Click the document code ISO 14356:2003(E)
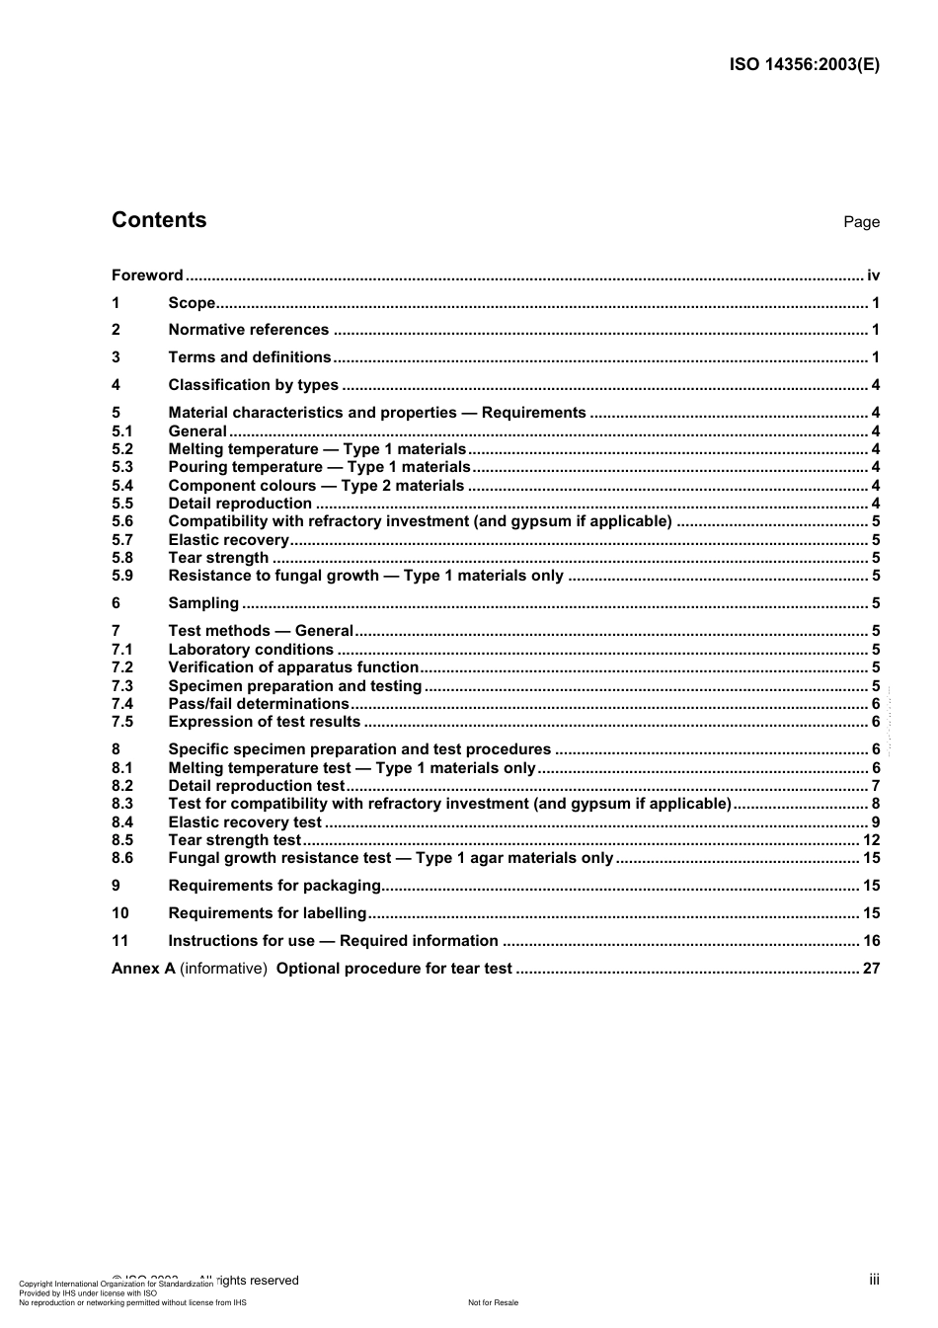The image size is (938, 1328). click(x=804, y=65)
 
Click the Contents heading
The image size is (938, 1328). click(x=159, y=220)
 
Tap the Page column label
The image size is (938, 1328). click(x=861, y=222)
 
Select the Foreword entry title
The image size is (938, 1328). click(x=147, y=275)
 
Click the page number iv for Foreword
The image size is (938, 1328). click(x=873, y=275)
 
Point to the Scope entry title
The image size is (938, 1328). click(x=192, y=303)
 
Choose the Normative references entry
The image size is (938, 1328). click(x=248, y=330)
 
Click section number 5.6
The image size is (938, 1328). click(x=122, y=521)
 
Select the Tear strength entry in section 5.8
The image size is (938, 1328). click(x=218, y=558)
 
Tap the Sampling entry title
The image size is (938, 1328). click(x=203, y=603)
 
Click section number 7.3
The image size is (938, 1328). click(x=122, y=686)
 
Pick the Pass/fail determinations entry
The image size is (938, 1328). click(x=259, y=704)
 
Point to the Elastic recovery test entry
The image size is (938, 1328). click(x=245, y=822)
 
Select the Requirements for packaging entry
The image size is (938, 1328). click(x=274, y=886)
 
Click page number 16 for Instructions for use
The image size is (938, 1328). click(x=871, y=941)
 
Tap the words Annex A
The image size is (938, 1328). click(x=143, y=969)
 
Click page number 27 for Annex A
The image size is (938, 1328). click(x=871, y=969)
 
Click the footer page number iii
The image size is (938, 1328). click(x=874, y=1280)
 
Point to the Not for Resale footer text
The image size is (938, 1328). click(x=493, y=1302)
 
